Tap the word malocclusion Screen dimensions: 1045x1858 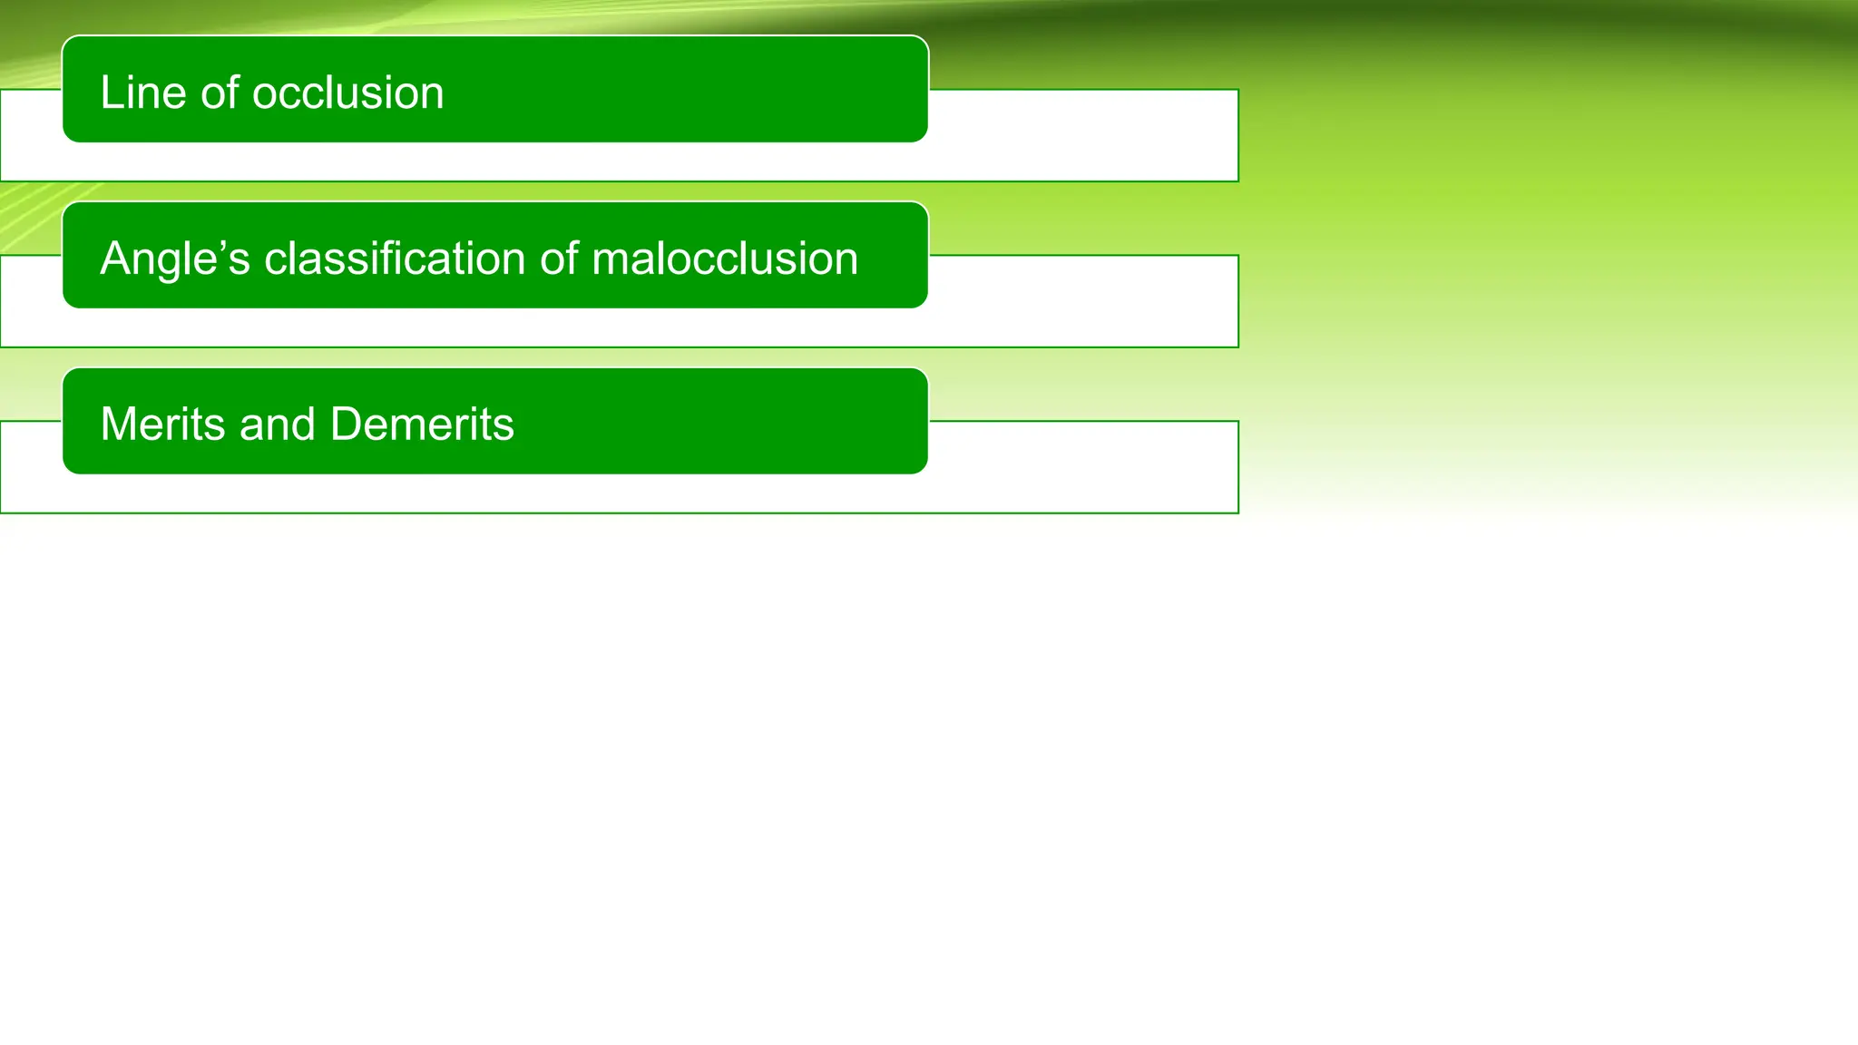coord(724,259)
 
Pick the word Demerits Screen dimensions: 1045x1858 coord(422,425)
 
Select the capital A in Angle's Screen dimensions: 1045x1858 coord(116,259)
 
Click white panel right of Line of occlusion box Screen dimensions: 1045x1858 coord(1084,136)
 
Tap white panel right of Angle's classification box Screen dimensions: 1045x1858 coord(1084,301)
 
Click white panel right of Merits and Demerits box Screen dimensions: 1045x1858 coord(1084,467)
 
